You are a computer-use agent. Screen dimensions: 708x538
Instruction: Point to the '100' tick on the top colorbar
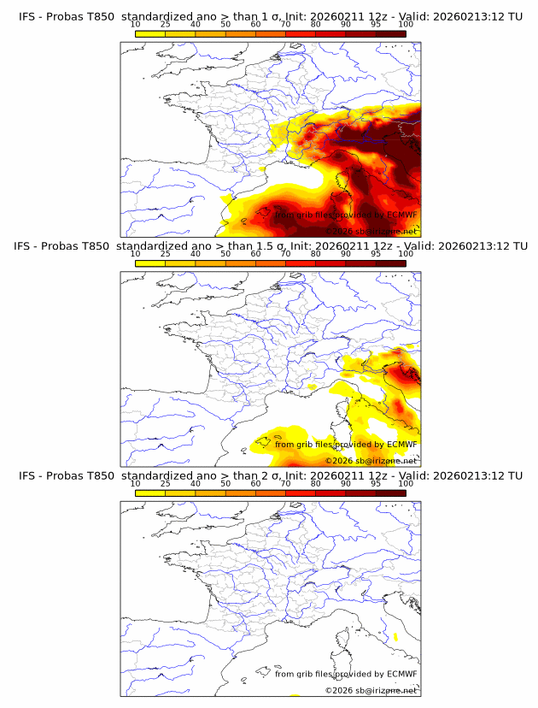click(x=405, y=24)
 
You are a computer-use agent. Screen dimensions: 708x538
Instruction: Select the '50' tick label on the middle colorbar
click(x=225, y=253)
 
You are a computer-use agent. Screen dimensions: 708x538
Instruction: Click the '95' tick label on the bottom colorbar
click(x=376, y=483)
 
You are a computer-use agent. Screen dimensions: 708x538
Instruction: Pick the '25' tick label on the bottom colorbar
click(x=165, y=483)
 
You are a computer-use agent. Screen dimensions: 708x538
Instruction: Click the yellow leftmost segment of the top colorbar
click(x=149, y=32)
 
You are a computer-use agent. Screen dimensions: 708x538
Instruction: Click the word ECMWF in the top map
click(x=401, y=215)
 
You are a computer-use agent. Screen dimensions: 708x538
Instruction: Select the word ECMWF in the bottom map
click(x=401, y=674)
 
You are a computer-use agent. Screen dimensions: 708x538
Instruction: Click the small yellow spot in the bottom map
click(x=395, y=637)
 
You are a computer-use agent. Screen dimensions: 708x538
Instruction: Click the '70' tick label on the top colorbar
click(x=285, y=24)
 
